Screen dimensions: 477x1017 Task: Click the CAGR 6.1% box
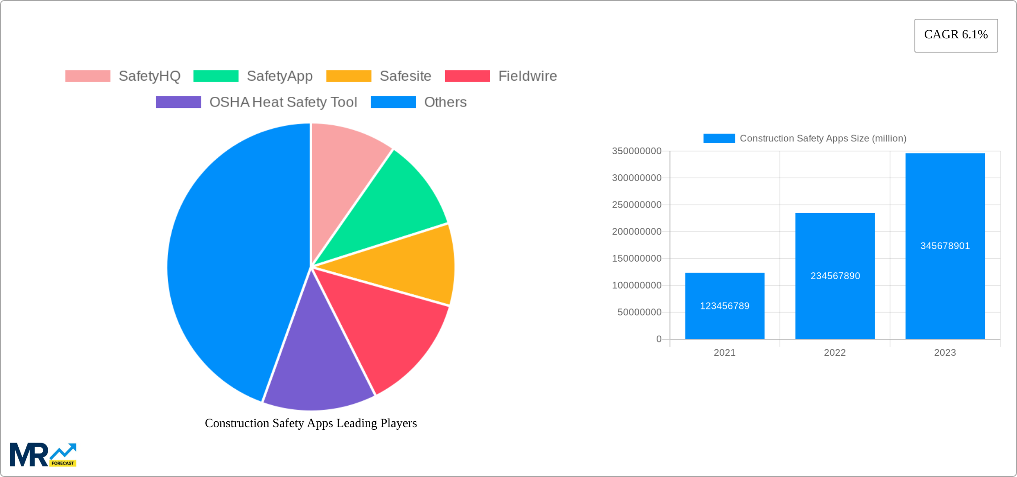(956, 35)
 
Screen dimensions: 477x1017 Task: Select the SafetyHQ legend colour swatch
(87, 76)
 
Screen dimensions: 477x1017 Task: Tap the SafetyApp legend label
(280, 76)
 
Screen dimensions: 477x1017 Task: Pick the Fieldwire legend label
(527, 76)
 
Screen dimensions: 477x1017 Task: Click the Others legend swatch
(393, 102)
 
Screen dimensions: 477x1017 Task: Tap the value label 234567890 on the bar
(835, 276)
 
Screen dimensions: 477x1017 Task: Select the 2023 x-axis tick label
(945, 353)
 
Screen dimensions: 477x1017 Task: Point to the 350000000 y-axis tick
(637, 151)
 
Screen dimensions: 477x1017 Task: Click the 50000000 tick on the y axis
(639, 312)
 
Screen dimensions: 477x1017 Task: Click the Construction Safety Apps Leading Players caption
(310, 423)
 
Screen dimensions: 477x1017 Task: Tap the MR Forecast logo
(43, 455)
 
